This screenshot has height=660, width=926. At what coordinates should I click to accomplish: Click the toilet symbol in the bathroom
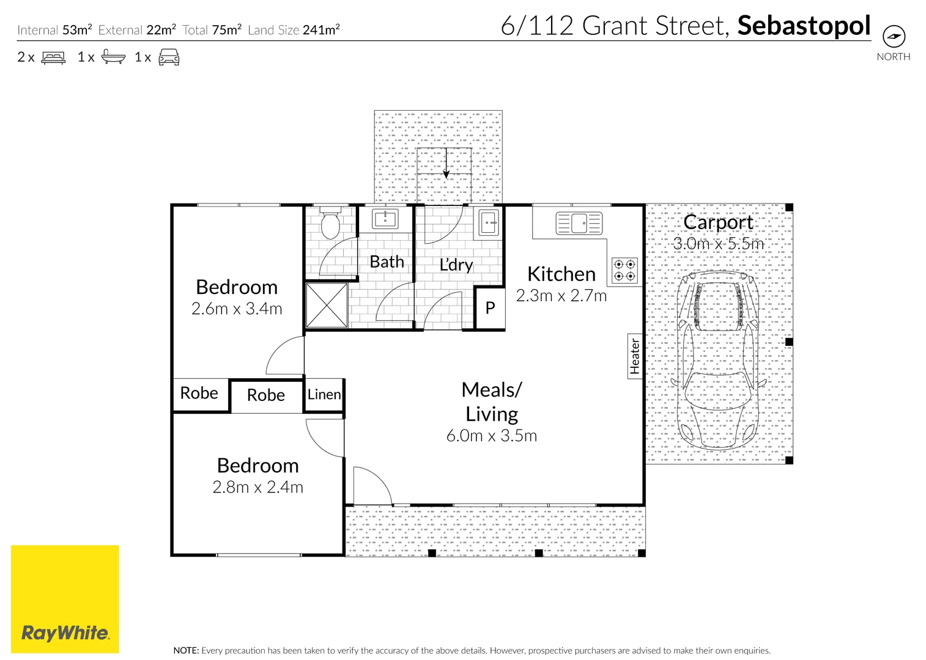click(330, 224)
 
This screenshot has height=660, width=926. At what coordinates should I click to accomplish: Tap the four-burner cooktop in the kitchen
click(624, 270)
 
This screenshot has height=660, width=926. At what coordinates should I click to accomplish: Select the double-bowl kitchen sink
click(579, 223)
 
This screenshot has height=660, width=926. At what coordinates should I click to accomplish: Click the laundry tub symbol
click(489, 222)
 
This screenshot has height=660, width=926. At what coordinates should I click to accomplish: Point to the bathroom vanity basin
click(385, 219)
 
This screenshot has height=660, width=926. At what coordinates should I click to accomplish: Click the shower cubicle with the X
click(327, 305)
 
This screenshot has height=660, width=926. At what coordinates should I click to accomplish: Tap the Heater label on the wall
click(634, 356)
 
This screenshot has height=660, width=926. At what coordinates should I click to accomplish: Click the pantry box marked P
click(490, 308)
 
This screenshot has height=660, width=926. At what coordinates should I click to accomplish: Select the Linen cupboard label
click(324, 394)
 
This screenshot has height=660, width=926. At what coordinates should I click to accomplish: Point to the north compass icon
click(894, 36)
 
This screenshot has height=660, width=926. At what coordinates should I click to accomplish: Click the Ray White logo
click(65, 599)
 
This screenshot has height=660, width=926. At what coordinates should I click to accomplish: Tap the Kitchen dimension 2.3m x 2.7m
click(561, 296)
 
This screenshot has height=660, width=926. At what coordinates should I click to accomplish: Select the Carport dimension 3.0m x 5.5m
click(719, 244)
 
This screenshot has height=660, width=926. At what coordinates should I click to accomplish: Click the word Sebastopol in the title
click(804, 26)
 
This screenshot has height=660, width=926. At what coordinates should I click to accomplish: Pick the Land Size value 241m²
click(321, 30)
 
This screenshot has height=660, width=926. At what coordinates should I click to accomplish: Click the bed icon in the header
click(53, 57)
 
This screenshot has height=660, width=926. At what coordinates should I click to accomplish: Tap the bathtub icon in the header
click(113, 57)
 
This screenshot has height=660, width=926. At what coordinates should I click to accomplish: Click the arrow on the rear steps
click(446, 163)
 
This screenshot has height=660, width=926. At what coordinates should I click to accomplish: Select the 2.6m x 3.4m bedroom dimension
click(237, 309)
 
